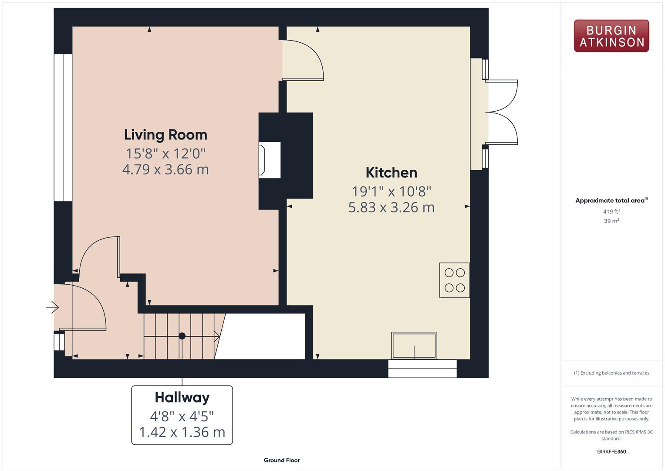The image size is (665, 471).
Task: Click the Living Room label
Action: (x=165, y=135)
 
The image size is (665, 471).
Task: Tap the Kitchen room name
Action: (x=391, y=172)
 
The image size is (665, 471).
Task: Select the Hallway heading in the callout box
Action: (x=182, y=398)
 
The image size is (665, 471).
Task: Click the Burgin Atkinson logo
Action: (x=611, y=36)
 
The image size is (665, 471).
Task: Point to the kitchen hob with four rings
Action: (x=455, y=280)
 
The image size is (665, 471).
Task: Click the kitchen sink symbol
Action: (x=414, y=345)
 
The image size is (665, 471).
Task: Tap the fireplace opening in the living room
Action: (x=270, y=160)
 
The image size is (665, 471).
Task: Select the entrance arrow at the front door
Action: (x=53, y=307)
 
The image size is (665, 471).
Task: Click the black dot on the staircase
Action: (x=182, y=336)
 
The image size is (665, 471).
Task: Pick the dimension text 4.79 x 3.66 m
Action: (x=165, y=170)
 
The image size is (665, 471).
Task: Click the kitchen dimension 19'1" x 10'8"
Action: (x=391, y=191)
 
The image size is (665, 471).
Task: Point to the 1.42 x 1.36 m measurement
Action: (x=182, y=432)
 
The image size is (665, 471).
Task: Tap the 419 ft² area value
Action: (x=611, y=212)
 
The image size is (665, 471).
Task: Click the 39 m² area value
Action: (x=611, y=221)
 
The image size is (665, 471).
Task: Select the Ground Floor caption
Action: (x=282, y=460)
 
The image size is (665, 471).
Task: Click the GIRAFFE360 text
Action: (x=611, y=452)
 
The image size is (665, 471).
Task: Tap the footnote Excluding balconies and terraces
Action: (x=611, y=373)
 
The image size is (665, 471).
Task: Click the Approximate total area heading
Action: (x=611, y=201)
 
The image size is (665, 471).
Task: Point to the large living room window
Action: (x=63, y=127)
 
